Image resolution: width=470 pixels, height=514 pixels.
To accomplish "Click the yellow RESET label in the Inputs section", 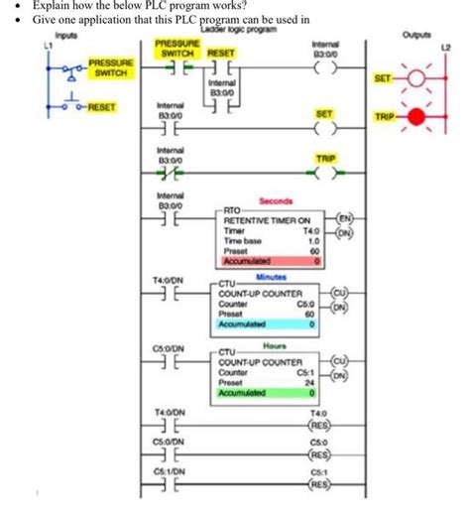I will point(100,106).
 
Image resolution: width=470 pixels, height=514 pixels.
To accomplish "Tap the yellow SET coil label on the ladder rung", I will point(323,114).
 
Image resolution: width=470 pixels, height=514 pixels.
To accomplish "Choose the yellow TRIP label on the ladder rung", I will point(324,158).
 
